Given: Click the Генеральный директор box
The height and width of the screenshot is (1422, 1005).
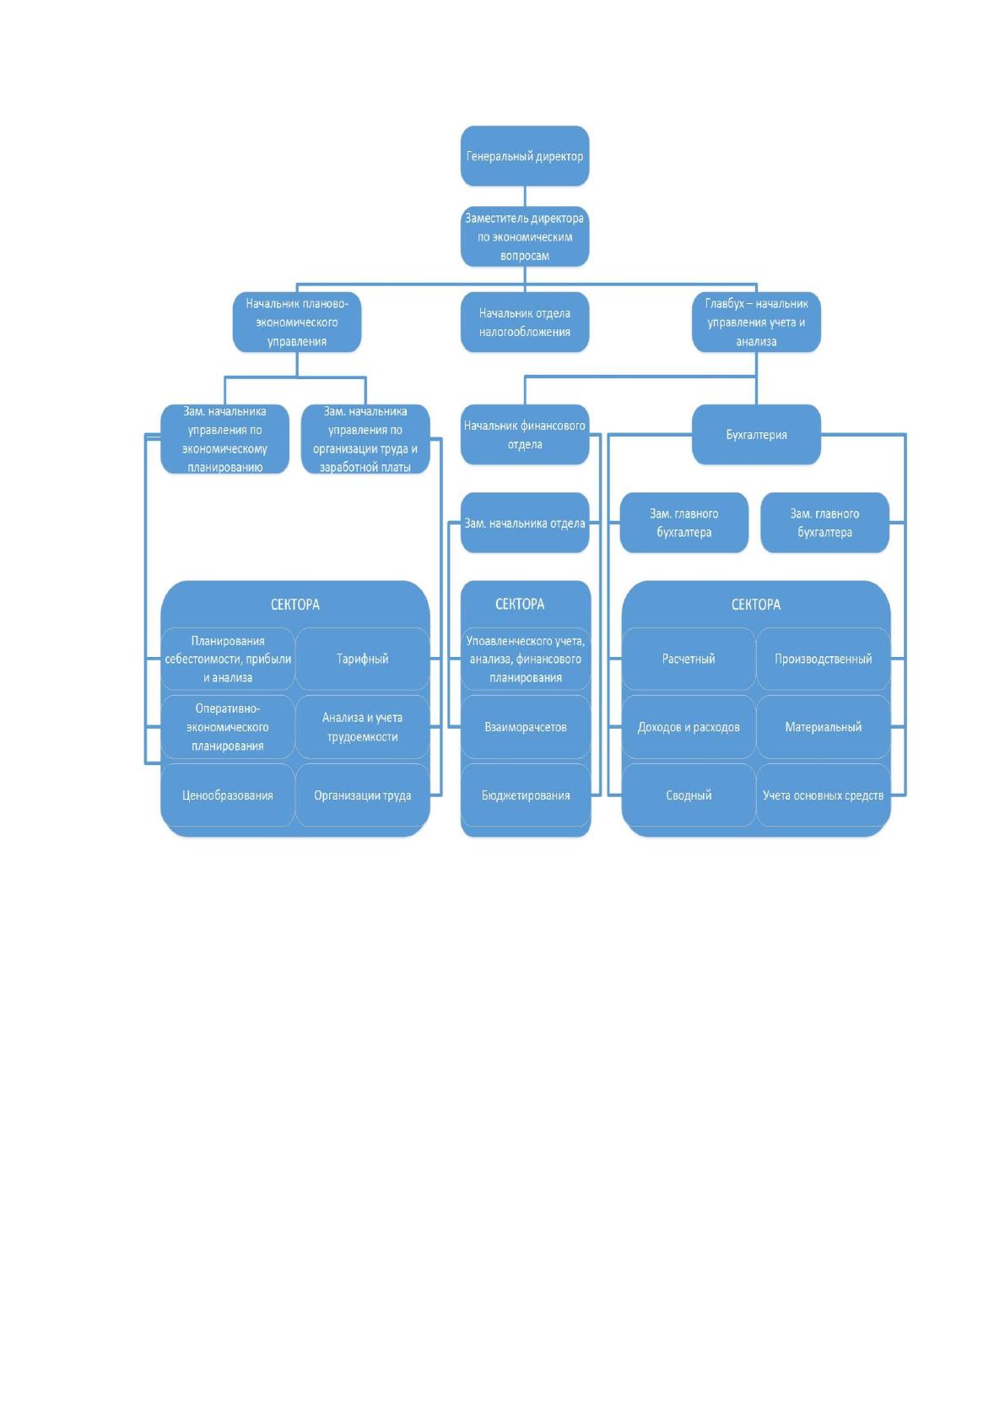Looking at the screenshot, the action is [x=525, y=155].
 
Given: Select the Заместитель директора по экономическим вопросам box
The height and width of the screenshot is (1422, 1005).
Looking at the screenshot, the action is [x=525, y=236].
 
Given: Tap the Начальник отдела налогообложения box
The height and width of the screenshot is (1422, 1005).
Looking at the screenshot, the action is [x=525, y=322].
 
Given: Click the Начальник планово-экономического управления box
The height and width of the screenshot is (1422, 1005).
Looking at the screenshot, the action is [x=297, y=322].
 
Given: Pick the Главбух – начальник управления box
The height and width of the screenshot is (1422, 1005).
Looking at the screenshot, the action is [x=756, y=322].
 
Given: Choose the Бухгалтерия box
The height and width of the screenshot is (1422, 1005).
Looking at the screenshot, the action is [x=756, y=434].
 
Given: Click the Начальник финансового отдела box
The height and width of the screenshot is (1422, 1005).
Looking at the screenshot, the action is [x=525, y=434].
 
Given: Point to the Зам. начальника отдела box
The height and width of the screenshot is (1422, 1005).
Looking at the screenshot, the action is [x=525, y=523].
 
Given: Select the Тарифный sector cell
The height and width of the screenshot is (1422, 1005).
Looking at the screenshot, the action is [x=362, y=659].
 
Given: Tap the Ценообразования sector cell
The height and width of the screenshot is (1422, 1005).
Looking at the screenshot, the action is [x=228, y=795].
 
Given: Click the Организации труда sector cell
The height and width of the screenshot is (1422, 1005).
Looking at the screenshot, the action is [x=362, y=795].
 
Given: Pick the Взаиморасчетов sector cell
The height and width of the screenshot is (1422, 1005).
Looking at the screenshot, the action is [x=526, y=727].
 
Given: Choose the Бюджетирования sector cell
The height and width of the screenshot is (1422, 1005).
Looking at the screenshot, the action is [x=526, y=795].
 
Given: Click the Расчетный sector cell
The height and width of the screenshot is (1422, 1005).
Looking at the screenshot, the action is [x=689, y=659].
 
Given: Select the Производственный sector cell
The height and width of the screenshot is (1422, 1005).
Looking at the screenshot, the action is [x=824, y=659].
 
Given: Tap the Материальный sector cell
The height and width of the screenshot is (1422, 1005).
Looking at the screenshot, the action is [x=824, y=727].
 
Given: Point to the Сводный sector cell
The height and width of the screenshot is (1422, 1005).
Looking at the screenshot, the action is [x=689, y=795].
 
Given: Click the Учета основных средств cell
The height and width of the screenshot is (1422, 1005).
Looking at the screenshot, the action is [x=824, y=795].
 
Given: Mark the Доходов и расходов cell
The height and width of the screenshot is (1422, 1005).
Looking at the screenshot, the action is [x=689, y=727].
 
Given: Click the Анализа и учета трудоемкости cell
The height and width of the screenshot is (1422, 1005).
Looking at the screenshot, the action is [x=362, y=727].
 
